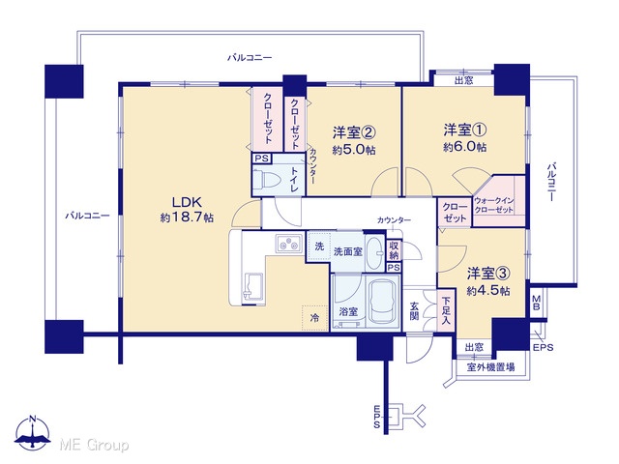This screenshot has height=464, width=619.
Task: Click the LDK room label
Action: tap(187, 202)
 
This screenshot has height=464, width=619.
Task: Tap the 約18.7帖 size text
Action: tap(187, 217)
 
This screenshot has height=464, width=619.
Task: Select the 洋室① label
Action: tap(464, 130)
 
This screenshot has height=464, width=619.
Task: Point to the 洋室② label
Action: tap(354, 132)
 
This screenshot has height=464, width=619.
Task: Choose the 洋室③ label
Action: tap(488, 274)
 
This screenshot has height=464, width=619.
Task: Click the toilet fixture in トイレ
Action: tap(267, 179)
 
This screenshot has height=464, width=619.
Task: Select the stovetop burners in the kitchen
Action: tap(289, 245)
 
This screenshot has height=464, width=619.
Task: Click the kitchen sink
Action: tap(253, 287)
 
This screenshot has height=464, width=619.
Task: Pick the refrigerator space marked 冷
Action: tap(314, 318)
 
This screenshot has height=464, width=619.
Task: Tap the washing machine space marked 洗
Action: tap(319, 246)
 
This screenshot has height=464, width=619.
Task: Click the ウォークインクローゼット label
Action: tap(494, 205)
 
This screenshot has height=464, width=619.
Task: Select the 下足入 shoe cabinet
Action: tap(446, 310)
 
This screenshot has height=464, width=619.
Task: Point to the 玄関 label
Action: tap(414, 310)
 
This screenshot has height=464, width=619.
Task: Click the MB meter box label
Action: tap(536, 303)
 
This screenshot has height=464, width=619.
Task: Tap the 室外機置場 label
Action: tap(490, 367)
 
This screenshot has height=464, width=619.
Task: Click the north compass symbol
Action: tap(32, 433)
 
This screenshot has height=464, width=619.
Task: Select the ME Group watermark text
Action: tap(95, 446)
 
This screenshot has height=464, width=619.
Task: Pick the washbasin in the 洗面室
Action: tap(374, 252)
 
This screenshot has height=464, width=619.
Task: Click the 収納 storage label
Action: tap(394, 250)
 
